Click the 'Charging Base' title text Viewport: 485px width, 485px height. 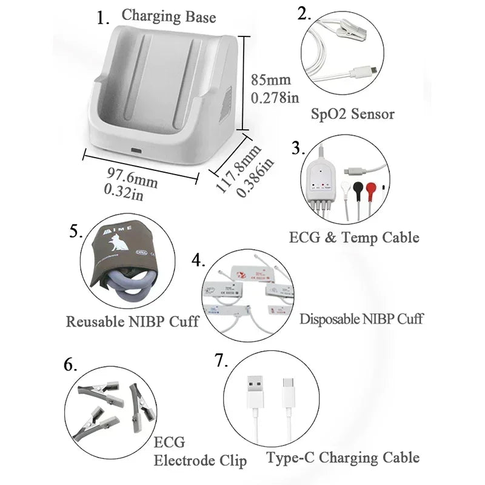[x=168, y=16]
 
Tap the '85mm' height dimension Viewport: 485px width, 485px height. [x=271, y=79]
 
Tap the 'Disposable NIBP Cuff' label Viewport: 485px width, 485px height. [x=361, y=318]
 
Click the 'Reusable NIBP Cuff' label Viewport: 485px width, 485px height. [x=132, y=321]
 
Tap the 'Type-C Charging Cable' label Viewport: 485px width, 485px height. [x=343, y=457]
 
